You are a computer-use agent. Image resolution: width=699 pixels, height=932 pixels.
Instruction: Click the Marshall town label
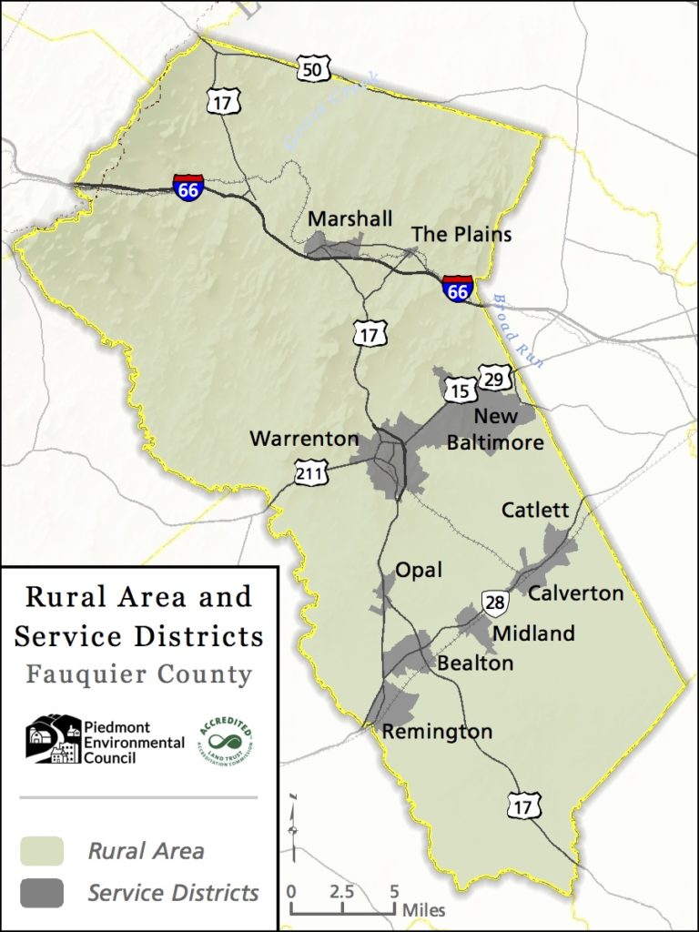tap(349, 219)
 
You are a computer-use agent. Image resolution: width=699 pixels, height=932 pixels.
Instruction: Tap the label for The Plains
tap(461, 235)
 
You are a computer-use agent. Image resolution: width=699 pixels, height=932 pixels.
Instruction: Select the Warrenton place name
tap(304, 439)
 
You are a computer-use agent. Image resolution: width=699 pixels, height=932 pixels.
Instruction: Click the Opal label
tap(418, 570)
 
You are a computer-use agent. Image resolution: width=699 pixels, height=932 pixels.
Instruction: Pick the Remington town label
tap(437, 732)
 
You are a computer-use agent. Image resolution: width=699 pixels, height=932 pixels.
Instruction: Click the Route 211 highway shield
tap(309, 471)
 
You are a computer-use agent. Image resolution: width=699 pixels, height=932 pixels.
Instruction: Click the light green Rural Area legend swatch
tap(42, 851)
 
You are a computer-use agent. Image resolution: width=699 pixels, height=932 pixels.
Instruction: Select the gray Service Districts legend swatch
tap(42, 893)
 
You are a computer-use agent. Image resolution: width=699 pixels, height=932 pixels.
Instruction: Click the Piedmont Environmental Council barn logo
tap(53, 738)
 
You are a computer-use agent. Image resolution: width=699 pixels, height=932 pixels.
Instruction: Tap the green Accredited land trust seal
tap(225, 739)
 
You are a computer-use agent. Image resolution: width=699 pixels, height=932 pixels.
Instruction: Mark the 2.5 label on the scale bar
tap(342, 892)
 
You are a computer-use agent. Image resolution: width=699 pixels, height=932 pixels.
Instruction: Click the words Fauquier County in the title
tap(138, 674)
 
